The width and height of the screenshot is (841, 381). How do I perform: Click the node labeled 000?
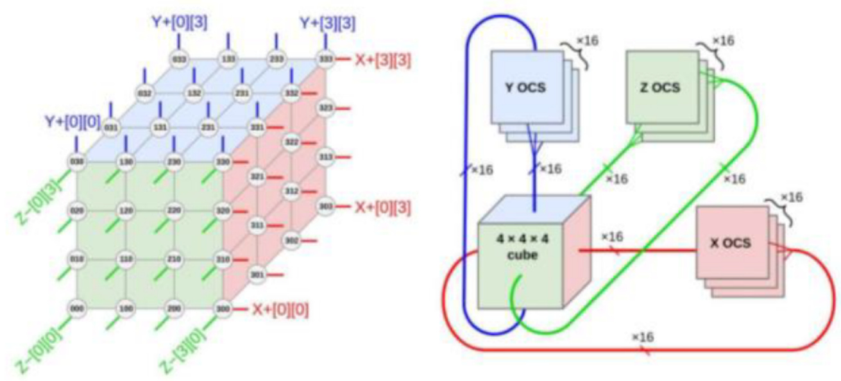tap(76, 309)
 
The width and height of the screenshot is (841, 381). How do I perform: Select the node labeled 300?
tap(222, 309)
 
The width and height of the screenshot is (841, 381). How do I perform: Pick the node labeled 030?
tap(76, 162)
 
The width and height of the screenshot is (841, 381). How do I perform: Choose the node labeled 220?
tap(174, 210)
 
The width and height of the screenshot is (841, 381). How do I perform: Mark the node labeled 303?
tap(325, 207)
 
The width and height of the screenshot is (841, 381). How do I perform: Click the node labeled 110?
tap(125, 259)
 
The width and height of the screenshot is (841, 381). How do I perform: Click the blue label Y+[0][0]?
tap(72, 121)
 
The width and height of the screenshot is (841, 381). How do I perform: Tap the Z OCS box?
tap(659, 87)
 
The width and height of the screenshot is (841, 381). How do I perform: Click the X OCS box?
tap(731, 243)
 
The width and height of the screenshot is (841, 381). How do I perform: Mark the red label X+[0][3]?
tap(383, 207)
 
